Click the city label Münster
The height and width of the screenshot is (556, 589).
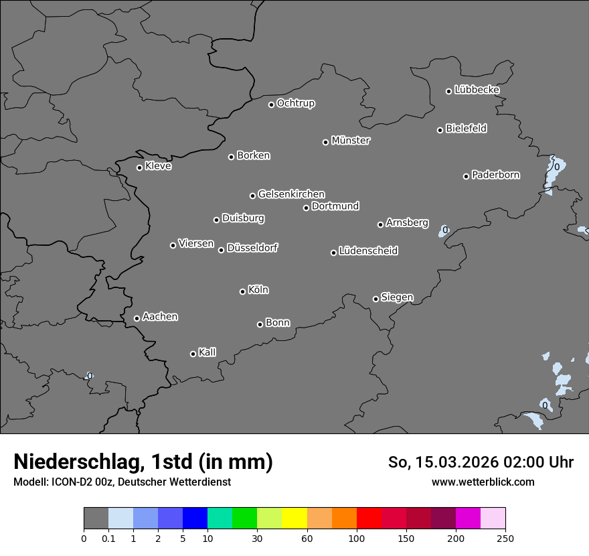351,141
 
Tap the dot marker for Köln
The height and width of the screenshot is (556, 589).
242,291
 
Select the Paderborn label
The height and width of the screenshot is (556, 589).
495,175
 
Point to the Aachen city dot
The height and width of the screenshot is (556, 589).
137,318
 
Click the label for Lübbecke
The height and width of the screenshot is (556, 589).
477,90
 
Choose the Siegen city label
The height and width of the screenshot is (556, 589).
397,297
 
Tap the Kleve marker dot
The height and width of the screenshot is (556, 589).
139,167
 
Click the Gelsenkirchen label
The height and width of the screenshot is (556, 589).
291,194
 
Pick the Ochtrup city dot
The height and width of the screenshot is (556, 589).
271,105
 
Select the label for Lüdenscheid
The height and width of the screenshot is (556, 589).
368,251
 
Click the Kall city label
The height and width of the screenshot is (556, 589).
207,352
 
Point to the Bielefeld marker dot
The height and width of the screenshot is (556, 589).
440,130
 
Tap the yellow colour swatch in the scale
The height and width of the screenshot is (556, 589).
294,518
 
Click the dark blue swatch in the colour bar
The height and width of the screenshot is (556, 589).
195,518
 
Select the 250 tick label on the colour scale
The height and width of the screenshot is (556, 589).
505,538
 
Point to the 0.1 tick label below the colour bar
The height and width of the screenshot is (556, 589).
108,538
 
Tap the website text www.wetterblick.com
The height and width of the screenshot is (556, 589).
483,482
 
